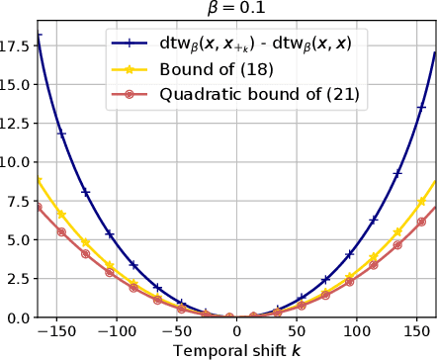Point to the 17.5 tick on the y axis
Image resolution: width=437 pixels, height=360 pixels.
[x=18, y=45]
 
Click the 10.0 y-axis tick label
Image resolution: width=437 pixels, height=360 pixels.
[x=18, y=161]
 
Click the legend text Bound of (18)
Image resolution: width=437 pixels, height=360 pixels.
[x=214, y=68]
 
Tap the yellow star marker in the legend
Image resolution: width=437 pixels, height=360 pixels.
[x=130, y=68]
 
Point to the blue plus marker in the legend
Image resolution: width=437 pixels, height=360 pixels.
[x=130, y=43]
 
